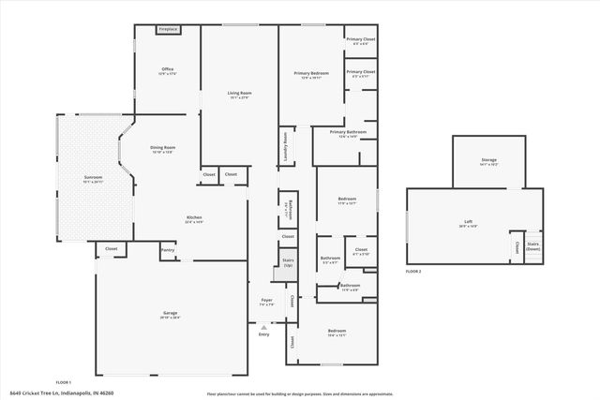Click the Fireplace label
coord(168,30)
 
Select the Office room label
coord(168,69)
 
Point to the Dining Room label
coord(163,147)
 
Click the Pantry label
coord(168,250)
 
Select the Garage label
coord(170,313)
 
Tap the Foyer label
coord(266,301)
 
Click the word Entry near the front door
coord(263,333)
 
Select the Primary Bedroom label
coord(310,73)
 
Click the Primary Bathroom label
coord(347,133)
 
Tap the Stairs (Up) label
coord(288,264)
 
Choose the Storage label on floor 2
coord(489,160)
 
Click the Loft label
coord(475,222)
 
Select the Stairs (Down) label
coord(532,246)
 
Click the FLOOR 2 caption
coord(413,271)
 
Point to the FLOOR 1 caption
coord(64,382)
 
